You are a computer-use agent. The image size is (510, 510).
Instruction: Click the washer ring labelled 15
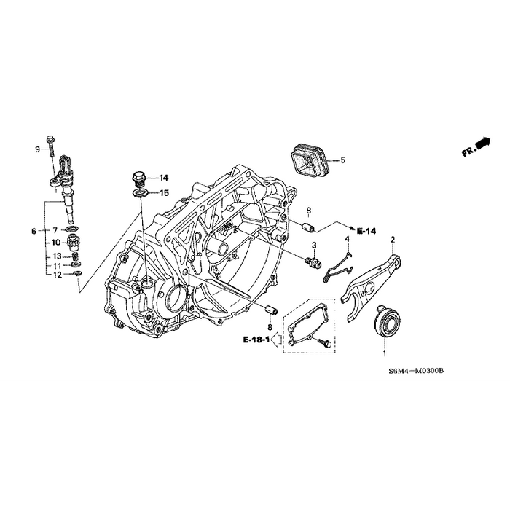(140, 193)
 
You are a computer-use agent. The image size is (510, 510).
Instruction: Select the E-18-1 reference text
(256, 340)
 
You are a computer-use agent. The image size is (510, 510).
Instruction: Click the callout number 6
(34, 231)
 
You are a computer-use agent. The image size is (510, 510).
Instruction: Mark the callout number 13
(55, 256)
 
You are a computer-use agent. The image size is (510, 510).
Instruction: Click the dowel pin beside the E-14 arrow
(299, 224)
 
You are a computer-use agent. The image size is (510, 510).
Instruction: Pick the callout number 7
(55, 230)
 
